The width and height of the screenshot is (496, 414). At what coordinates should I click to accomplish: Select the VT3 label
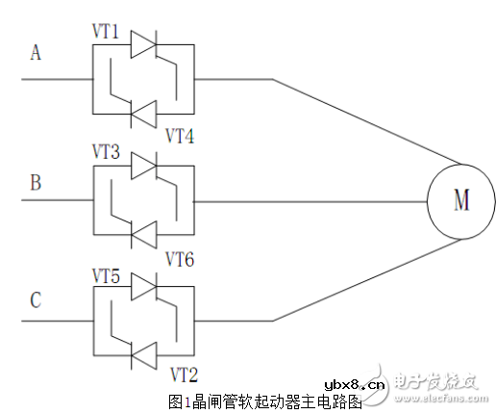[105, 153]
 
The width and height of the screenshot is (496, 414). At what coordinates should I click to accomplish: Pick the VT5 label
[105, 273]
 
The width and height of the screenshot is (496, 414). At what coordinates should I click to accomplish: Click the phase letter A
[37, 54]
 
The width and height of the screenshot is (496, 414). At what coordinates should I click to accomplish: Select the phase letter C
[37, 300]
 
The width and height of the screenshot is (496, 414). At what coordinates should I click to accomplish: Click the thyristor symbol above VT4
[143, 114]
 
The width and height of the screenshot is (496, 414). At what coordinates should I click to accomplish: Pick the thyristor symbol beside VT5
[143, 287]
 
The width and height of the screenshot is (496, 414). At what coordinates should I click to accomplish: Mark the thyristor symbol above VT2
[143, 354]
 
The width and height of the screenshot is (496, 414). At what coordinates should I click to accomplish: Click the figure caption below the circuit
[264, 401]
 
